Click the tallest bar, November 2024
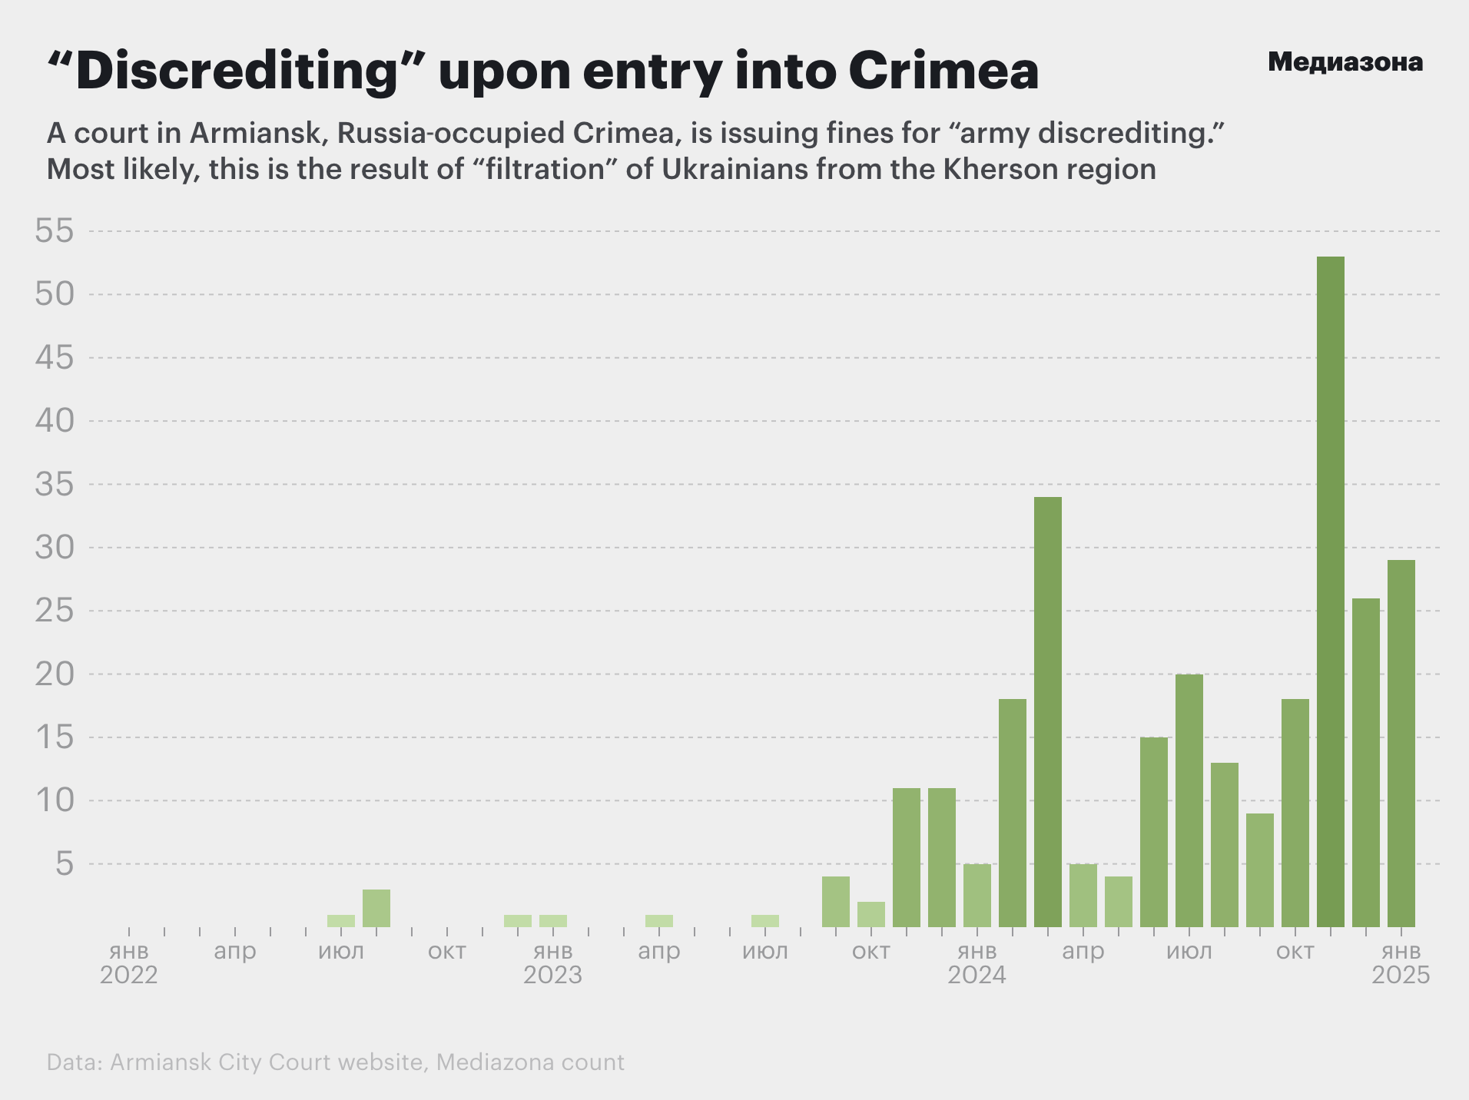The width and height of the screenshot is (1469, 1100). click(x=1330, y=591)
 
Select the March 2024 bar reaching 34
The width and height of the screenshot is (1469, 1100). click(x=1047, y=712)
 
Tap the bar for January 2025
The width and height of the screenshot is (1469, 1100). click(x=1401, y=744)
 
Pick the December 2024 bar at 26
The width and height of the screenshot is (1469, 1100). click(x=1365, y=763)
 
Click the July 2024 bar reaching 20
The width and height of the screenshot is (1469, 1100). click(x=1189, y=800)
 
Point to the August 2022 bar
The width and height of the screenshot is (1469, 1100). click(x=376, y=908)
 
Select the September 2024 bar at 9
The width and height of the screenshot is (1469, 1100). click(x=1259, y=870)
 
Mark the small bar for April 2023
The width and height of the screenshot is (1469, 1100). click(x=659, y=921)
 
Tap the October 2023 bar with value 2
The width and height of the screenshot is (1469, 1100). click(x=870, y=914)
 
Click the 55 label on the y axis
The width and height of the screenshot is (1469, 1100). click(x=55, y=231)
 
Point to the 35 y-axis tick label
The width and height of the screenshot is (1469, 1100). click(x=55, y=485)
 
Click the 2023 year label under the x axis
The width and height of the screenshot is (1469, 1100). click(x=552, y=976)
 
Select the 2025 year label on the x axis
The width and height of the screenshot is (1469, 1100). click(x=1401, y=976)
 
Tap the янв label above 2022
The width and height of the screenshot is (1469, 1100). click(x=129, y=952)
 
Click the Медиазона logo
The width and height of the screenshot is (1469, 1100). click(x=1345, y=62)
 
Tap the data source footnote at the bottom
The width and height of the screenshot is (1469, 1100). click(x=335, y=1062)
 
